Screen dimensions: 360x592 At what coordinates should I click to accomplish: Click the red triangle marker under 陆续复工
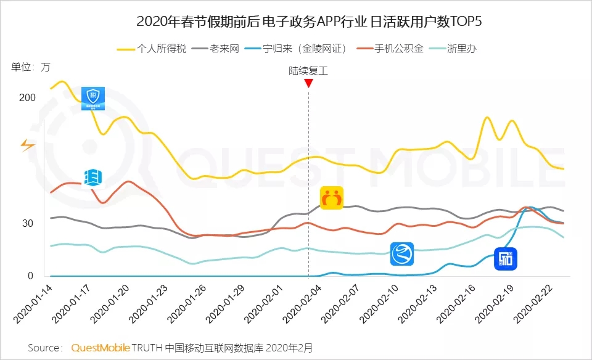308,83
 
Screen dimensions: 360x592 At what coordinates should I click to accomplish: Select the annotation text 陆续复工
308,70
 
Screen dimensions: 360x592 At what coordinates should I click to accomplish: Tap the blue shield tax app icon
93,99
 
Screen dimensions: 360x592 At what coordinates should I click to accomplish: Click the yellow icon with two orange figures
332,198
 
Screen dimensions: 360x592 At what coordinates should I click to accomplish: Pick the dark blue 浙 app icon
506,259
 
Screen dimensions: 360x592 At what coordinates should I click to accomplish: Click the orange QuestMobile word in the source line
101,348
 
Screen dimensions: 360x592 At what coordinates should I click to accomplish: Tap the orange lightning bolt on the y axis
28,145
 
